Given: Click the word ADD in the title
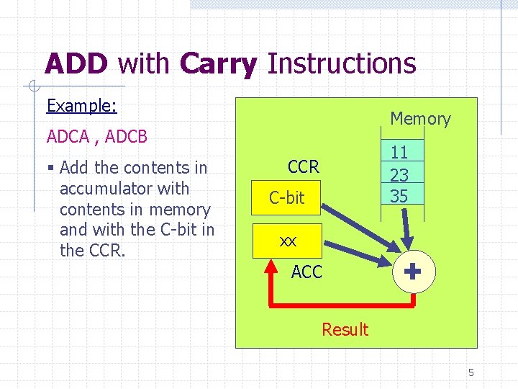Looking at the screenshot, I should pyautogui.click(x=76, y=63).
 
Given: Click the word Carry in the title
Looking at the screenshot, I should pyautogui.click(x=218, y=63).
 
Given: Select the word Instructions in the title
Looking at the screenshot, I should pyautogui.click(x=341, y=63).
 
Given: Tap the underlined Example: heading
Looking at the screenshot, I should pyautogui.click(x=81, y=106).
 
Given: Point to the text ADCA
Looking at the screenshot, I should pyautogui.click(x=67, y=136).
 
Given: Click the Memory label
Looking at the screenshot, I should pyautogui.click(x=420, y=119).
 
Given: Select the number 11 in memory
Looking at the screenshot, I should pyautogui.click(x=399, y=153).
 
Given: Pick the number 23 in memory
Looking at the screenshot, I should pyautogui.click(x=399, y=174).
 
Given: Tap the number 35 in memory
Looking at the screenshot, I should pyautogui.click(x=399, y=195).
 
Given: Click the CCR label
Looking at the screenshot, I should pyautogui.click(x=303, y=167).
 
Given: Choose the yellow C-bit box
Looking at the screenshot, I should pyautogui.click(x=286, y=197).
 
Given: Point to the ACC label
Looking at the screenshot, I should pyautogui.click(x=306, y=272).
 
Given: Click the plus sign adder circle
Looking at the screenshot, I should pyautogui.click(x=412, y=272).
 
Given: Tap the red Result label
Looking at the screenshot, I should pyautogui.click(x=345, y=330).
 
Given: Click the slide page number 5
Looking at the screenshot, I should pyautogui.click(x=471, y=372).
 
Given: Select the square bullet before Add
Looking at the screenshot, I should pyautogui.click(x=50, y=169).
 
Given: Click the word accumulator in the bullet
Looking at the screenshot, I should pyautogui.click(x=104, y=189).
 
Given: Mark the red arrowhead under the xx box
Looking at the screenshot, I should pyautogui.click(x=271, y=264).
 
